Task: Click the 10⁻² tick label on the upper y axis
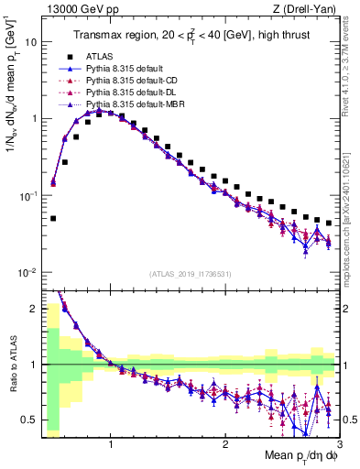coord(27,273)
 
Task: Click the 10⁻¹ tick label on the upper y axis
coord(27,196)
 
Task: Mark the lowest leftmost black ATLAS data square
coord(53,219)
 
